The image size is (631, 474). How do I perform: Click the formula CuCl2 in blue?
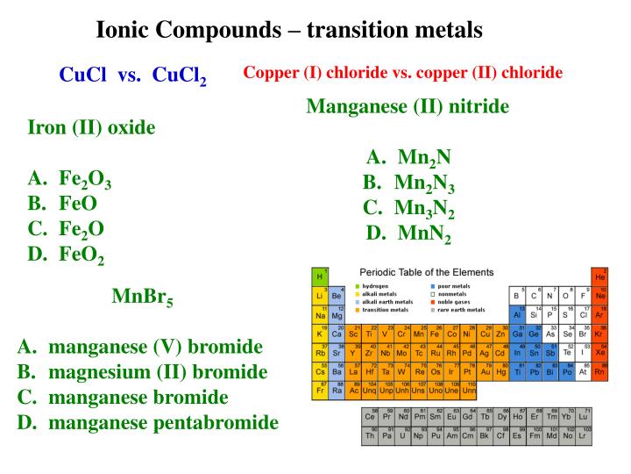(180, 75)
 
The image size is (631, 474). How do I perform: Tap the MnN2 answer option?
(424, 234)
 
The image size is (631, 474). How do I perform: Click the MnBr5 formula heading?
(142, 297)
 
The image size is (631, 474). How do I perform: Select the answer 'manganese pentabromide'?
(163, 423)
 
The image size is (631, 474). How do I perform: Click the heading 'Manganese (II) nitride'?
(408, 107)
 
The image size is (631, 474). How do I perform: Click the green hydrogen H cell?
(320, 276)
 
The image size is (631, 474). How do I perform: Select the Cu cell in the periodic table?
(484, 334)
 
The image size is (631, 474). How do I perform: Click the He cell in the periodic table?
(600, 276)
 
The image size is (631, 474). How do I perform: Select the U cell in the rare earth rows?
(402, 435)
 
